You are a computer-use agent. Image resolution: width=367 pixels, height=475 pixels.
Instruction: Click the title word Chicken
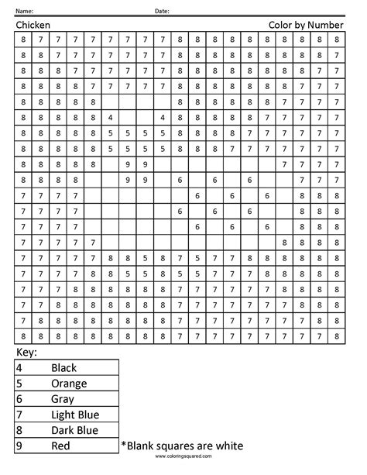[33, 25]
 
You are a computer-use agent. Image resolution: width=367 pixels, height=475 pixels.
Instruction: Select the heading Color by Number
[306, 25]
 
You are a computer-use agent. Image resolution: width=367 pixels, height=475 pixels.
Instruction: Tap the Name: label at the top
[24, 11]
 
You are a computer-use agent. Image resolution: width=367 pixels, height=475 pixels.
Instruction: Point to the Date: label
[162, 11]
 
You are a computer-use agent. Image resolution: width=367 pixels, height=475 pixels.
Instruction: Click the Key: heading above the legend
[26, 353]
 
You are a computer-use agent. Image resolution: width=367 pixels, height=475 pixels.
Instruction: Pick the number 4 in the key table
[19, 368]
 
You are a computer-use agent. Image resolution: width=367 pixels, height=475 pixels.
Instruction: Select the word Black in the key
[63, 368]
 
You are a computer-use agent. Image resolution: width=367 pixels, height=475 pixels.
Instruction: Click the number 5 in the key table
[19, 384]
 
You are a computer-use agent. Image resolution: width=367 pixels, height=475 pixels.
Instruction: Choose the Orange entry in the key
[68, 384]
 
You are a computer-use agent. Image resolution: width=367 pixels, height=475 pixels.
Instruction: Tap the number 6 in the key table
[19, 399]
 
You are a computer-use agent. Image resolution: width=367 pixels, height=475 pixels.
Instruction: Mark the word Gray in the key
[62, 399]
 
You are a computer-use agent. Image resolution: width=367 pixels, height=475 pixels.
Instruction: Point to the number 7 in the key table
[19, 415]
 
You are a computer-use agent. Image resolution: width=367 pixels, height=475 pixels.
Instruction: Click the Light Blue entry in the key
[74, 415]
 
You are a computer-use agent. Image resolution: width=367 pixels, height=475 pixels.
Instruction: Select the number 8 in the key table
[19, 430]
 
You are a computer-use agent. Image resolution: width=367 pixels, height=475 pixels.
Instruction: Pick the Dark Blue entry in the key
[74, 430]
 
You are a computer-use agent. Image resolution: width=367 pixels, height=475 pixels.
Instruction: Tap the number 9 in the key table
[19, 446]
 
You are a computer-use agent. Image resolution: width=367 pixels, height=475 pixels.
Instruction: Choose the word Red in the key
[60, 446]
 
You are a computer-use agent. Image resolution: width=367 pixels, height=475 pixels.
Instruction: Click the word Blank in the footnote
[141, 446]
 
